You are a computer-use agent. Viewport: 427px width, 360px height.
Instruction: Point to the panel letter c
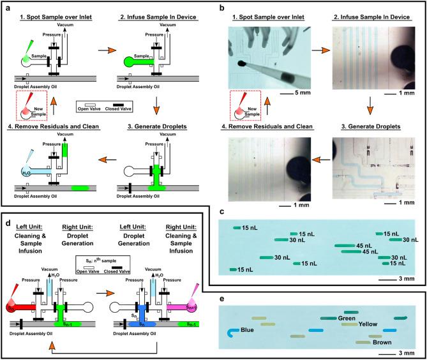pyautogui.click(x=220, y=211)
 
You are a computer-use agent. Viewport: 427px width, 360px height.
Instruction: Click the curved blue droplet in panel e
pyautogui.click(x=234, y=332)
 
